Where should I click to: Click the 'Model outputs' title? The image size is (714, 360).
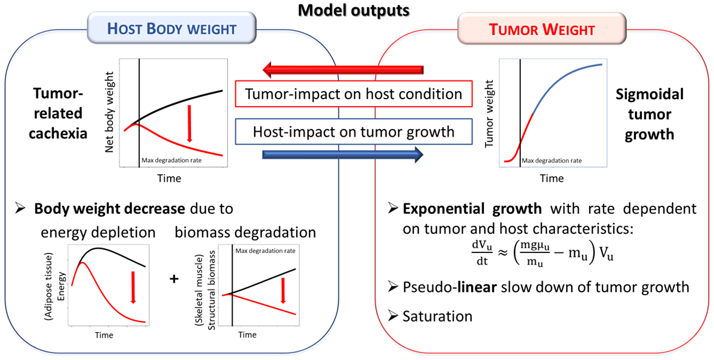click(x=353, y=11)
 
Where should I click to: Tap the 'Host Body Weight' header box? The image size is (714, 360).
click(x=172, y=29)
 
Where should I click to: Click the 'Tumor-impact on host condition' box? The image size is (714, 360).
click(x=353, y=94)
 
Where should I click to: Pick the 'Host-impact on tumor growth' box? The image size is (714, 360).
click(x=353, y=132)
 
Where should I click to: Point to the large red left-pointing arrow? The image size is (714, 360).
click(x=343, y=70)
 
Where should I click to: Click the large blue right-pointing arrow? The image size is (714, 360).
click(x=343, y=155)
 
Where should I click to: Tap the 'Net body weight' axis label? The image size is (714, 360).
click(x=109, y=112)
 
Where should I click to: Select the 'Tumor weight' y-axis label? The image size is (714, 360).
click(x=489, y=114)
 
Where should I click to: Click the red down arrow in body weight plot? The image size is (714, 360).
click(x=190, y=124)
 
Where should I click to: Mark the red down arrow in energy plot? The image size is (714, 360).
click(x=133, y=287)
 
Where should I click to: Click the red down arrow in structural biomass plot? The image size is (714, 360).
click(x=283, y=290)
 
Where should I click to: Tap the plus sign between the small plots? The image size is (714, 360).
click(x=174, y=279)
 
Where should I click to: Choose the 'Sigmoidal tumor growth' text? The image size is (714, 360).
click(x=649, y=114)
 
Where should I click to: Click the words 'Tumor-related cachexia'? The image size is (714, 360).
click(x=58, y=114)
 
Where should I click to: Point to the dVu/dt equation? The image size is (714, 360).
click(x=542, y=253)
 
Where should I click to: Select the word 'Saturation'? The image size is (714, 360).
click(x=437, y=316)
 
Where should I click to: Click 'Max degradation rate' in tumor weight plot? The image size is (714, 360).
click(x=552, y=161)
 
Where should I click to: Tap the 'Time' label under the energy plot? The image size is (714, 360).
click(x=104, y=335)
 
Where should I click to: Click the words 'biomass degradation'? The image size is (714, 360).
click(x=245, y=232)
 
